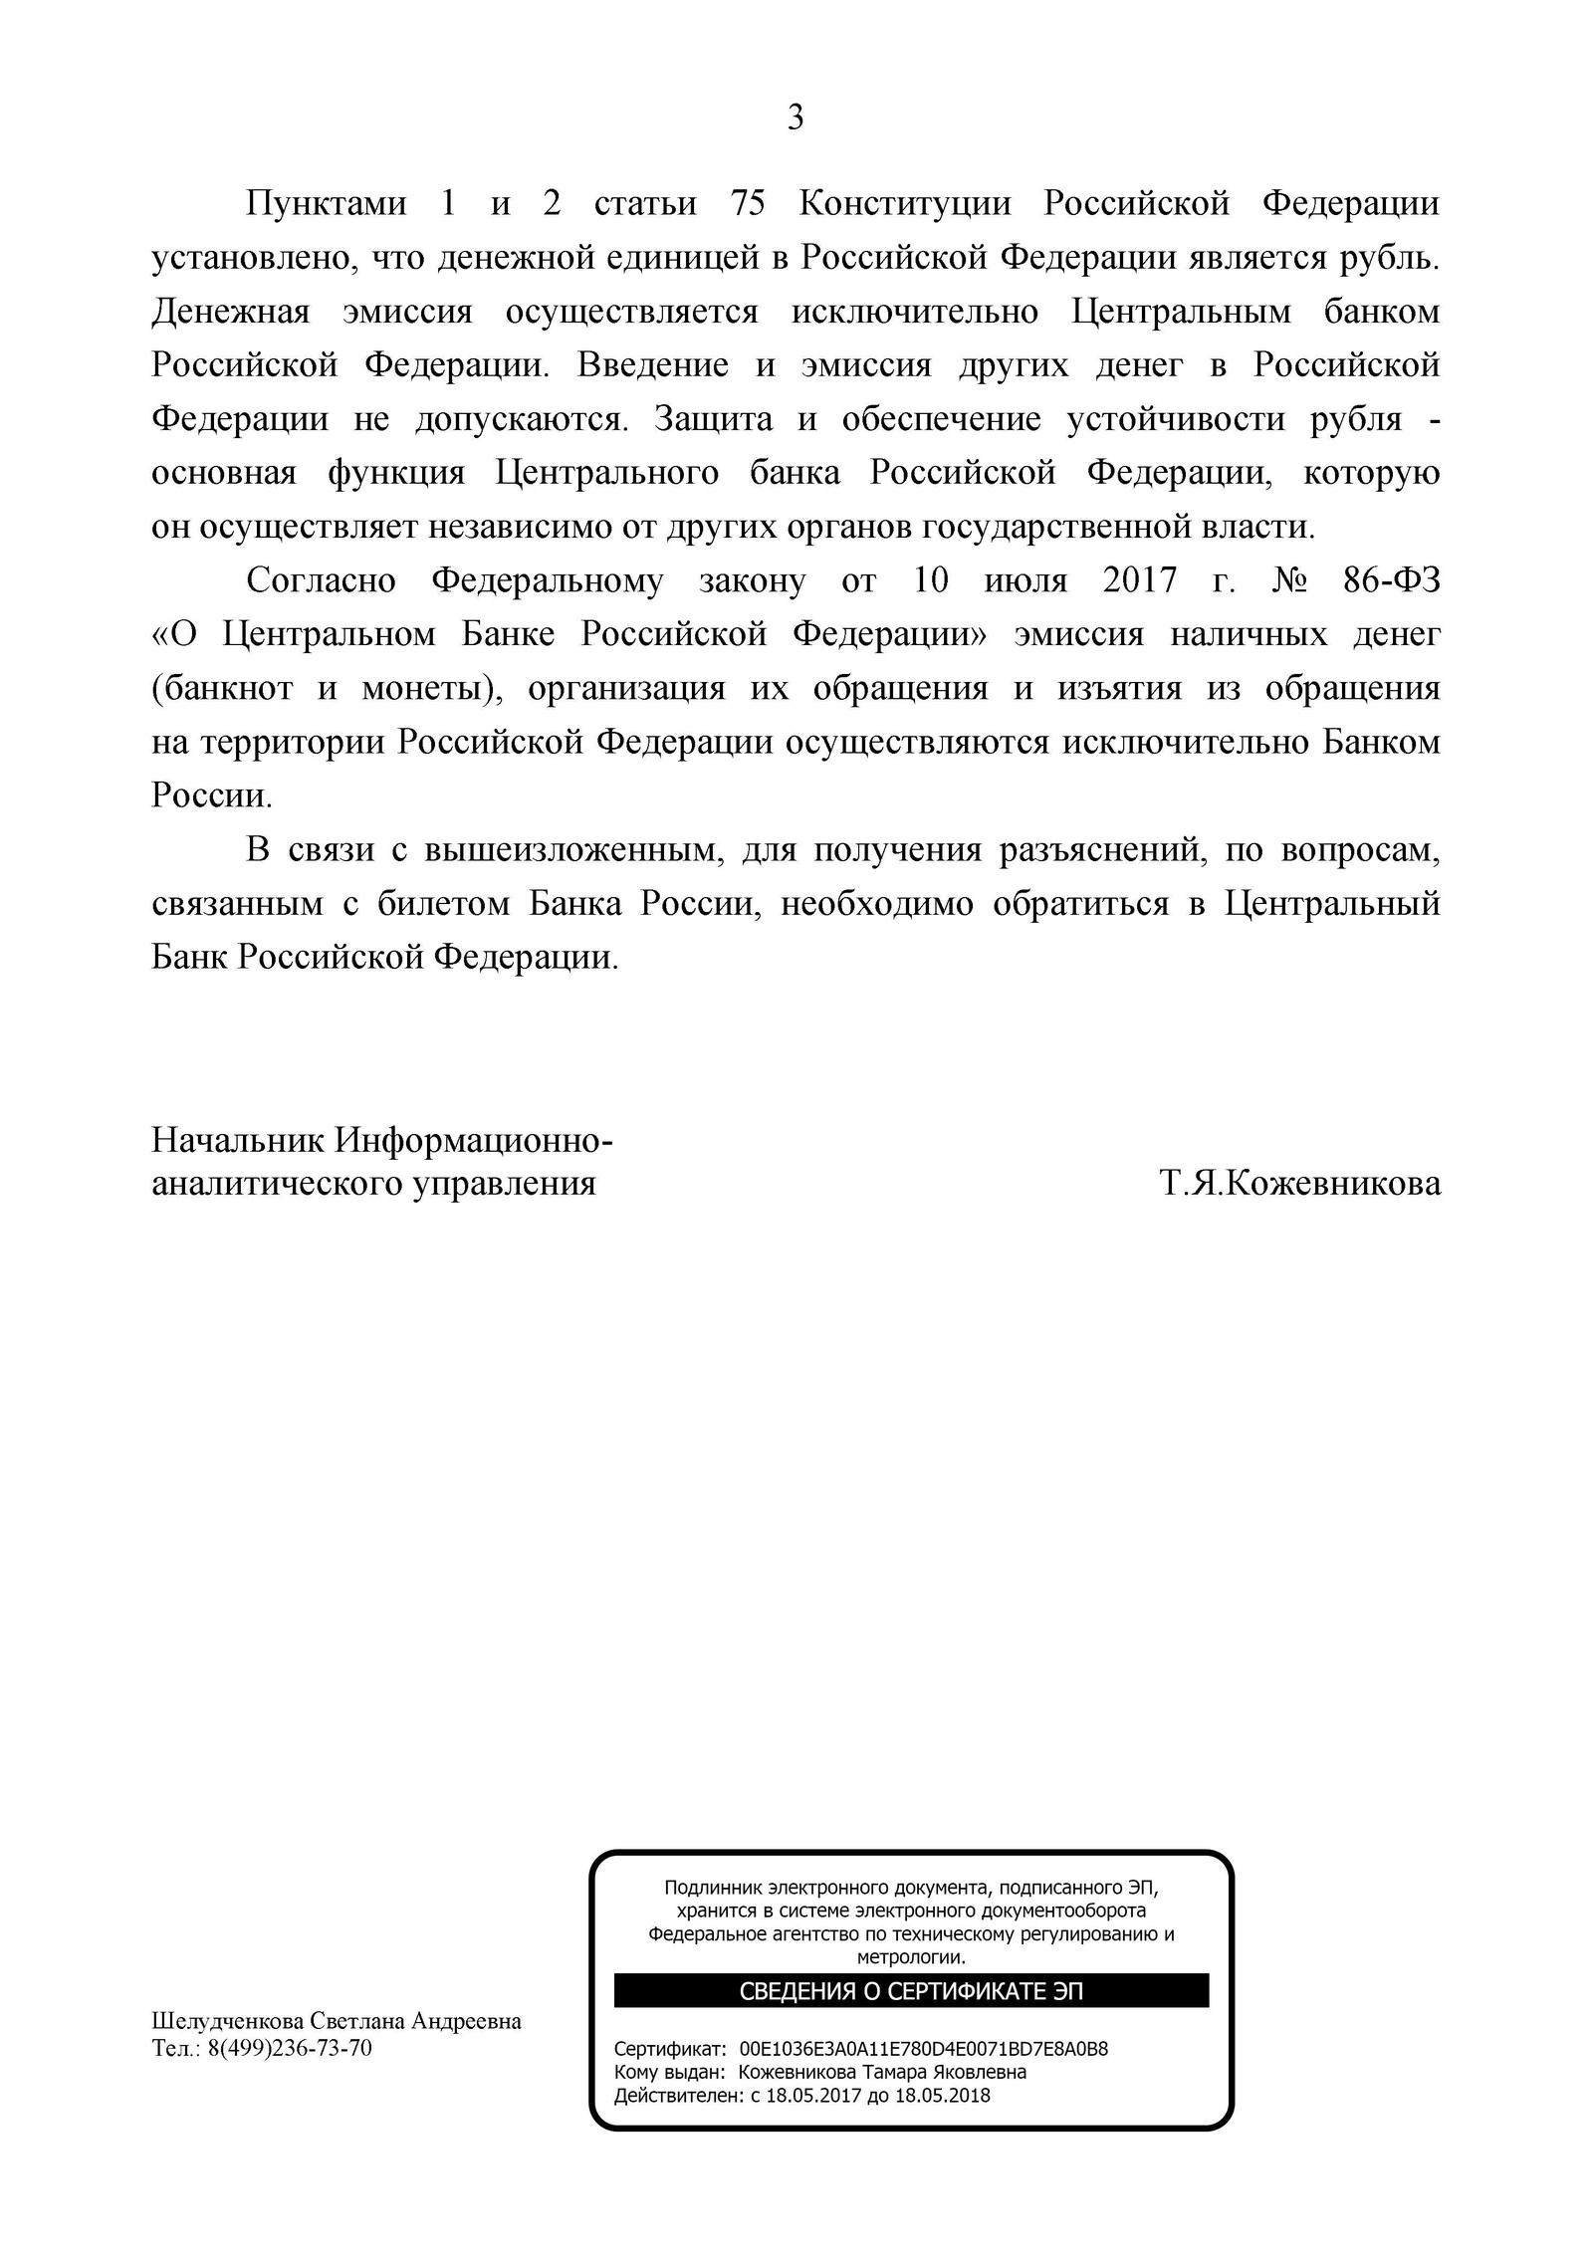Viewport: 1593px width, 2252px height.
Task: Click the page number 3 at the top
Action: coord(796,118)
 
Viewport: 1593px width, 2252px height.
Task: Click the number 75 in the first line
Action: coord(747,204)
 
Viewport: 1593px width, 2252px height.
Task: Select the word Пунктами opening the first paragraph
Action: coord(327,204)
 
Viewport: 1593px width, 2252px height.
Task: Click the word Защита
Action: coord(713,419)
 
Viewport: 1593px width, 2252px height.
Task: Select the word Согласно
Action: coord(321,581)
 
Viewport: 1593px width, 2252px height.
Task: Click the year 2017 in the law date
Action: coord(1139,581)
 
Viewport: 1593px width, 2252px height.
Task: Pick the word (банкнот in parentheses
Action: coord(222,689)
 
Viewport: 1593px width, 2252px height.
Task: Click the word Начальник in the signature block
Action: coord(237,1139)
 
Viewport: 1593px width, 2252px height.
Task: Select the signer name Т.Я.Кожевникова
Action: coord(1299,1184)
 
